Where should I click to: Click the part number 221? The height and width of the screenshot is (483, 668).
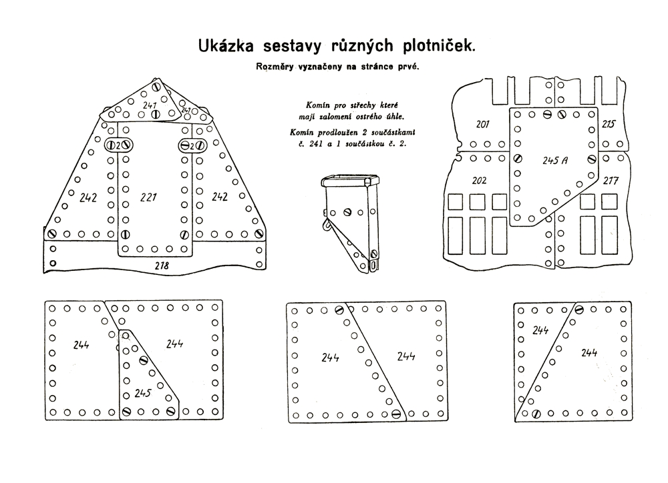pos(149,197)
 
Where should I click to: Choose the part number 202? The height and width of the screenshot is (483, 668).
pos(479,181)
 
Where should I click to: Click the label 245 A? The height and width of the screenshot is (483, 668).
pos(555,160)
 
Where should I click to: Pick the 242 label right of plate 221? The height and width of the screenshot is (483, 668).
pos(220,197)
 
